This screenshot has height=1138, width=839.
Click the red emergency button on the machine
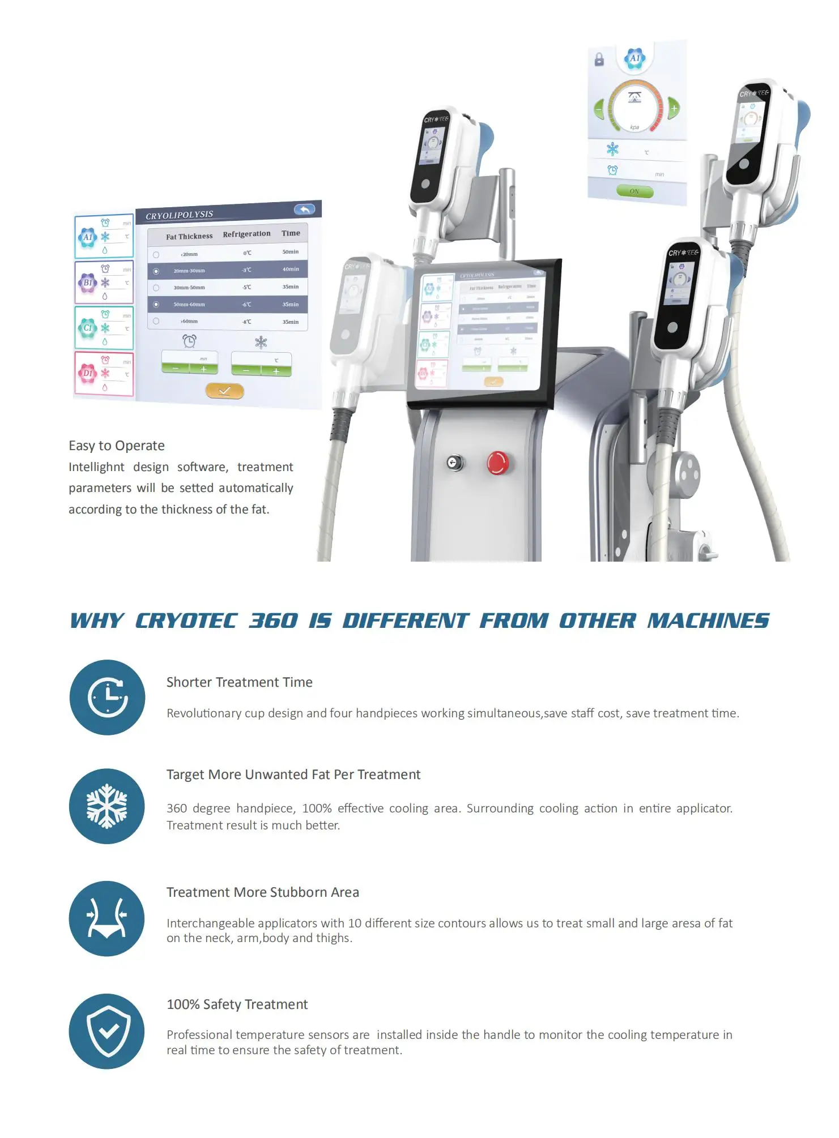pos(497,463)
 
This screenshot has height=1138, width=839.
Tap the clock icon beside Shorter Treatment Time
pos(108,697)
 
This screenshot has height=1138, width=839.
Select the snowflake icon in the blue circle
pos(107,806)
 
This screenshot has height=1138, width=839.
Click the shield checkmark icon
pos(107,1031)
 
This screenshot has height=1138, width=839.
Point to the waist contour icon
pos(107,918)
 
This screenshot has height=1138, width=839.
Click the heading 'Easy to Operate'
pos(117,446)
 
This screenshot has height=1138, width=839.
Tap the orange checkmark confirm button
pos(224,391)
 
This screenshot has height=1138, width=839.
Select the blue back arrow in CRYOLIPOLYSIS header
pos(304,209)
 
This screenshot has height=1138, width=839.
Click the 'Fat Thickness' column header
pos(189,236)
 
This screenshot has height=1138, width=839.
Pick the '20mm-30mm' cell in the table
pos(189,271)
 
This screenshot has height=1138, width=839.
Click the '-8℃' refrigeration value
pos(247,322)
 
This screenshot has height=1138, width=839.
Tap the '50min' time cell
pos(291,251)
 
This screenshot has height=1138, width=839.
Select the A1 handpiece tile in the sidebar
pos(104,237)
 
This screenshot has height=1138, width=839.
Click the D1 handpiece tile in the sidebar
pos(104,374)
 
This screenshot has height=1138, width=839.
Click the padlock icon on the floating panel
pos(599,59)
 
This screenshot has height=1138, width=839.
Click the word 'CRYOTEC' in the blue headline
pos(186,621)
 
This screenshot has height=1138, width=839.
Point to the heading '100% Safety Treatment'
pos(237,1004)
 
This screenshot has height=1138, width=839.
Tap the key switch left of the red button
pos(454,463)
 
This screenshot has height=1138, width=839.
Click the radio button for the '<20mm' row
pos(156,255)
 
